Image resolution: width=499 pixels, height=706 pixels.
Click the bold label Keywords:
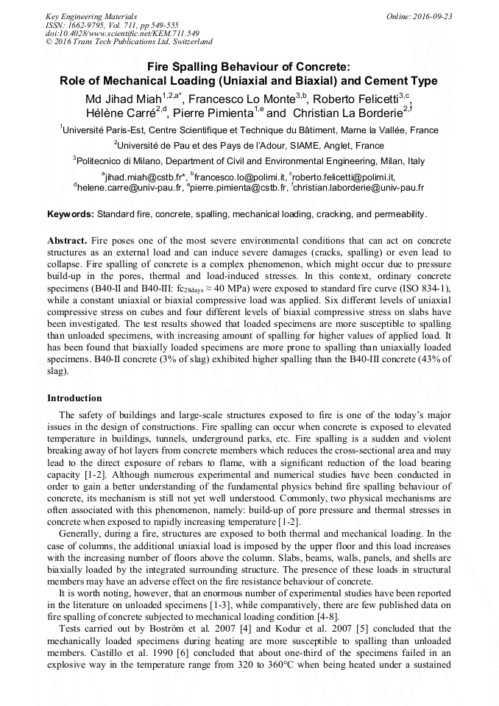[71, 213]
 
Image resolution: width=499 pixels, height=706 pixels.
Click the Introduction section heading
[74, 398]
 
